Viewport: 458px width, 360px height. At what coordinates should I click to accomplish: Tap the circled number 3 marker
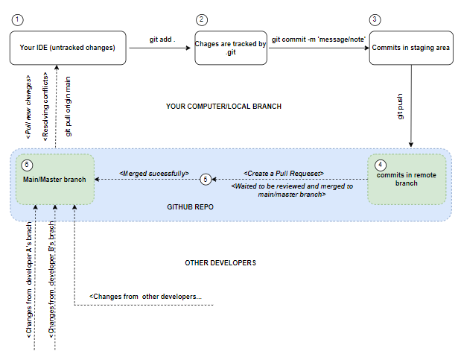pos(375,19)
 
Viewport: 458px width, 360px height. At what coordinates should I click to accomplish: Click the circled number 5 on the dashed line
pos(206,180)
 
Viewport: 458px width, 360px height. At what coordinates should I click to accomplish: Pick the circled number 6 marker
pos(28,164)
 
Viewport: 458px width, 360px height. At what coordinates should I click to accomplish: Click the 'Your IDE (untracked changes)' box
pos(69,48)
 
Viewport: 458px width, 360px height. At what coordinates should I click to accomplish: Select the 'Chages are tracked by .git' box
pos(231,48)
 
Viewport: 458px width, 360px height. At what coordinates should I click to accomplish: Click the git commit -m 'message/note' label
pos(319,38)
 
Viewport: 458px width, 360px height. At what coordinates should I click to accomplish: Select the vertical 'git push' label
pos(401,108)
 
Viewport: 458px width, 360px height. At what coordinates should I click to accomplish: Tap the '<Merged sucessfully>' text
pos(154,173)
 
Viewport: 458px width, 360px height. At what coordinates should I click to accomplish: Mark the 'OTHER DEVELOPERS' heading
pos(220,263)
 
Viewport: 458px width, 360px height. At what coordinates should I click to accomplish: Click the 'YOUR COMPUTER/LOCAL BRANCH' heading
pos(223,107)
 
